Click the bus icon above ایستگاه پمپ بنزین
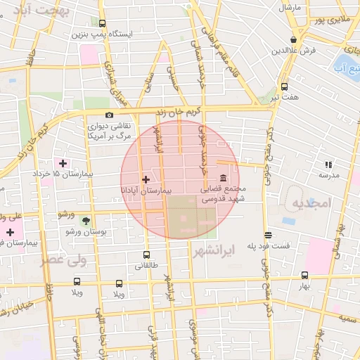[102, 23]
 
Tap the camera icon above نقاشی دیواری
[109, 115]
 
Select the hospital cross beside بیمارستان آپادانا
[146, 179]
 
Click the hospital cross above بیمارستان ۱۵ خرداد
[63, 163]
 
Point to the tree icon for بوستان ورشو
[86, 221]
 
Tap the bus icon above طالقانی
[146, 255]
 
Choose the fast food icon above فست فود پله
[267, 235]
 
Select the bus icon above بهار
[304, 275]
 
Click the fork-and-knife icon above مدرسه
[328, 165]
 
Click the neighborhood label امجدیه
[310, 202]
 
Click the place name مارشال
[290, 7]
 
